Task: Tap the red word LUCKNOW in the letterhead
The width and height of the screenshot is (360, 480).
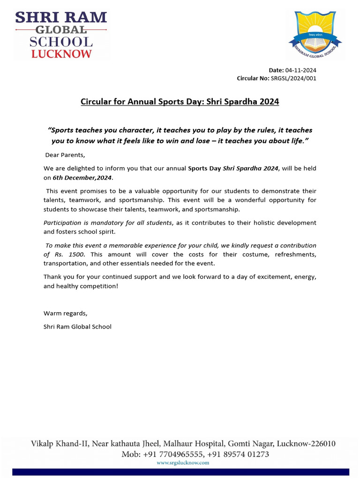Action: click(x=61, y=54)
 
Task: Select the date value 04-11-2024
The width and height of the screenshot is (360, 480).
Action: click(x=300, y=70)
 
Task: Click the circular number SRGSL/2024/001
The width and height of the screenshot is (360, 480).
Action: click(x=293, y=78)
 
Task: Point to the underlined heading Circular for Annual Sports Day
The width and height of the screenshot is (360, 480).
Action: click(x=180, y=101)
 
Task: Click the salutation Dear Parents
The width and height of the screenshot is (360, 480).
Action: click(x=65, y=155)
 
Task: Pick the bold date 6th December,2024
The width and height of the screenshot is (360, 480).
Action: click(x=82, y=178)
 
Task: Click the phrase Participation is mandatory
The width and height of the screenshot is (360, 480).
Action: click(x=108, y=223)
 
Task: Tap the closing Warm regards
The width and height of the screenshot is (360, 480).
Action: click(x=65, y=313)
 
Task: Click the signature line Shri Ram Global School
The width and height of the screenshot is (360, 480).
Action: click(x=77, y=326)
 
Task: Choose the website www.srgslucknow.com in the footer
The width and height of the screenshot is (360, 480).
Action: click(x=182, y=463)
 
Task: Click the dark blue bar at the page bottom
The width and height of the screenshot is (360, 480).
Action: click(x=180, y=472)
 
